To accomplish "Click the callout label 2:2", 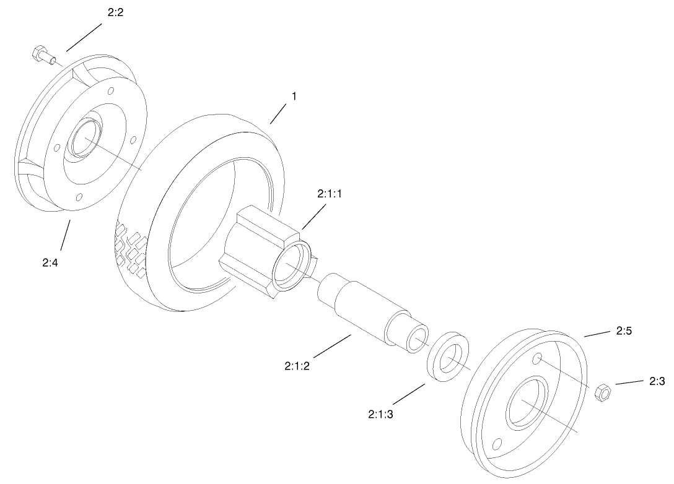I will [115, 12].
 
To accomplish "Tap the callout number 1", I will [294, 96].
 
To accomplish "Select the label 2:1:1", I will [330, 194].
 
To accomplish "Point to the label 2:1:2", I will [297, 366].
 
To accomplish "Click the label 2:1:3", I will [380, 413].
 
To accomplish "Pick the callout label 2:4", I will [51, 262].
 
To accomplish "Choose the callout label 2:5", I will [624, 332].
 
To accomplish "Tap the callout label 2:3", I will [657, 381].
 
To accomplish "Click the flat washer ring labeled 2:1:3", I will [448, 358].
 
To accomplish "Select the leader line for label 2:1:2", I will [328, 348].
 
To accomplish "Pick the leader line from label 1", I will [278, 114].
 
